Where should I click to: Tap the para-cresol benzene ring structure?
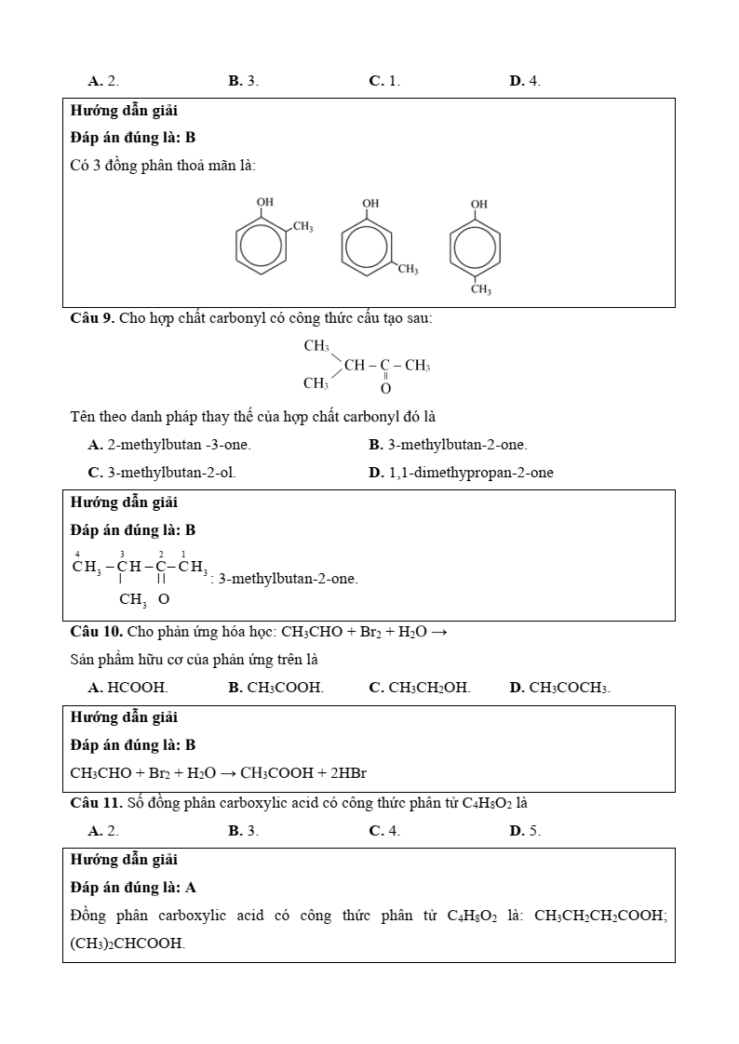click(x=476, y=247)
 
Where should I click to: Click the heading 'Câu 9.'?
click(x=92, y=318)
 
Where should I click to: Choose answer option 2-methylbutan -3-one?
click(x=169, y=445)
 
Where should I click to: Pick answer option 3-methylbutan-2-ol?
click(x=162, y=473)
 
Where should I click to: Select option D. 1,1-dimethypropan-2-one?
click(x=461, y=473)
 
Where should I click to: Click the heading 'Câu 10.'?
click(x=97, y=632)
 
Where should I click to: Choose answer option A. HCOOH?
click(x=128, y=688)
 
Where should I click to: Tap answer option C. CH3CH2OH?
click(x=420, y=688)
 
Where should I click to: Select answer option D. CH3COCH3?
click(x=559, y=688)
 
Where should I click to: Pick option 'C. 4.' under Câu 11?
click(x=384, y=831)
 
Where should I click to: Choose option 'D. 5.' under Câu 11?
click(x=525, y=831)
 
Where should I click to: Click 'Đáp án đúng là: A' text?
click(x=133, y=888)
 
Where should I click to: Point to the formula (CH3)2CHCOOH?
click(x=128, y=944)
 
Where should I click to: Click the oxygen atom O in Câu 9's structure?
click(x=385, y=388)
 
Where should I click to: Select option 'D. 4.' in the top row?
click(x=525, y=81)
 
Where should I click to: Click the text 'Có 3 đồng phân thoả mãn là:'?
click(x=163, y=166)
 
